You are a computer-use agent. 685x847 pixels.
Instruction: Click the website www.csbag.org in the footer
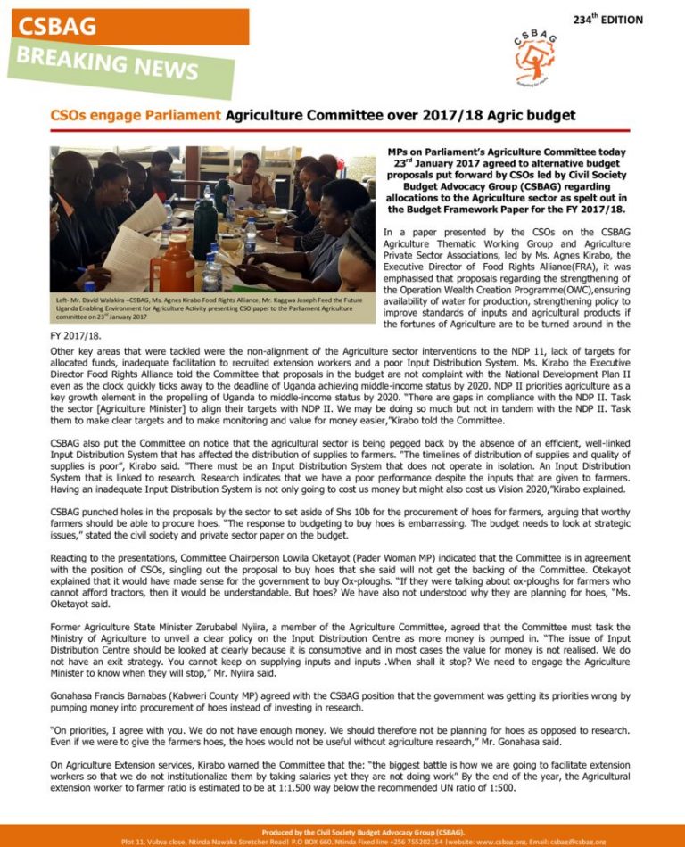(x=479, y=841)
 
